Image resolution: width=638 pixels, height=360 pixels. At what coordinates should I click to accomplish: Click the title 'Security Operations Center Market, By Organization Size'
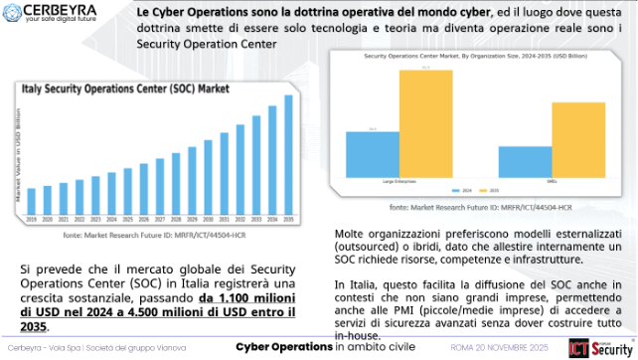click(465, 58)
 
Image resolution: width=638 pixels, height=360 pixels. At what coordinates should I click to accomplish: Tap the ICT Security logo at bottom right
click(593, 348)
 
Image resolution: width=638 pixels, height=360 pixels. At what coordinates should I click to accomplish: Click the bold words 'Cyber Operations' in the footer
click(282, 347)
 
